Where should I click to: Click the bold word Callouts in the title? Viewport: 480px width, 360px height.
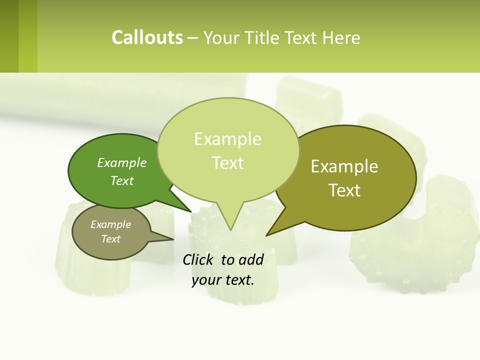[x=147, y=37]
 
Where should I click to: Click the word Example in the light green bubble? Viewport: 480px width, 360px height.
[x=227, y=139]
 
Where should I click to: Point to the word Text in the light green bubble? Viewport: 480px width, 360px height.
[x=228, y=163]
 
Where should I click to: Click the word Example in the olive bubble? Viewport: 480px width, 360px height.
[x=344, y=166]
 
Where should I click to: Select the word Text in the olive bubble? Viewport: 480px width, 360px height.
[x=345, y=190]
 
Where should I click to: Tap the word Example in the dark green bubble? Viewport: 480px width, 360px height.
[x=122, y=162]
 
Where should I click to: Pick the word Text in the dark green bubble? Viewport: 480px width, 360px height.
[x=122, y=180]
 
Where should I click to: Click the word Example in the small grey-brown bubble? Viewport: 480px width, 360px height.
[x=110, y=224]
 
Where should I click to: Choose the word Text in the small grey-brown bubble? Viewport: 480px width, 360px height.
[x=111, y=238]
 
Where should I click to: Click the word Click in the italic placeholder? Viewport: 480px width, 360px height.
[x=198, y=259]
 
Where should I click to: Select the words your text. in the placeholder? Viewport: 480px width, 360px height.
[x=223, y=280]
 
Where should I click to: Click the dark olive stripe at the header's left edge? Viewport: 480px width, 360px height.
[x=9, y=36]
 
